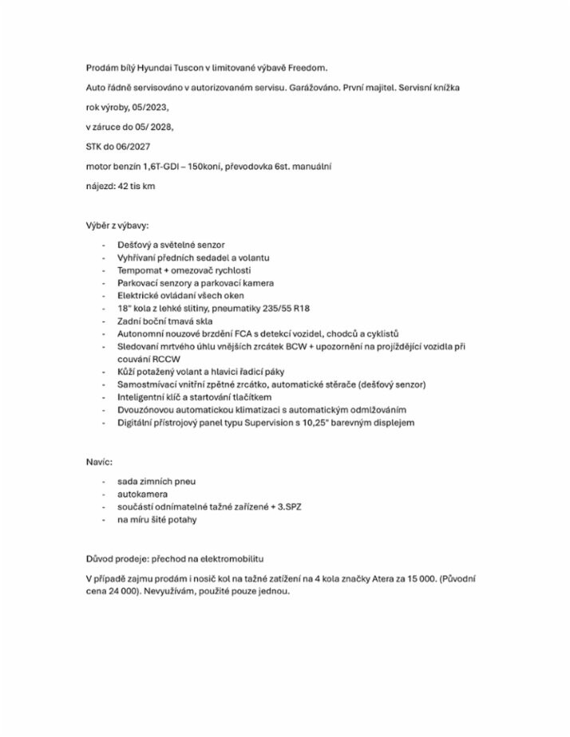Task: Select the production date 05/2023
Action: tap(151, 106)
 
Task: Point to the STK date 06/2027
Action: tap(132, 147)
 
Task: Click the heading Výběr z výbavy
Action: tap(117, 226)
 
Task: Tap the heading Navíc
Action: tap(99, 462)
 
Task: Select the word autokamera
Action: tap(142, 494)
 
